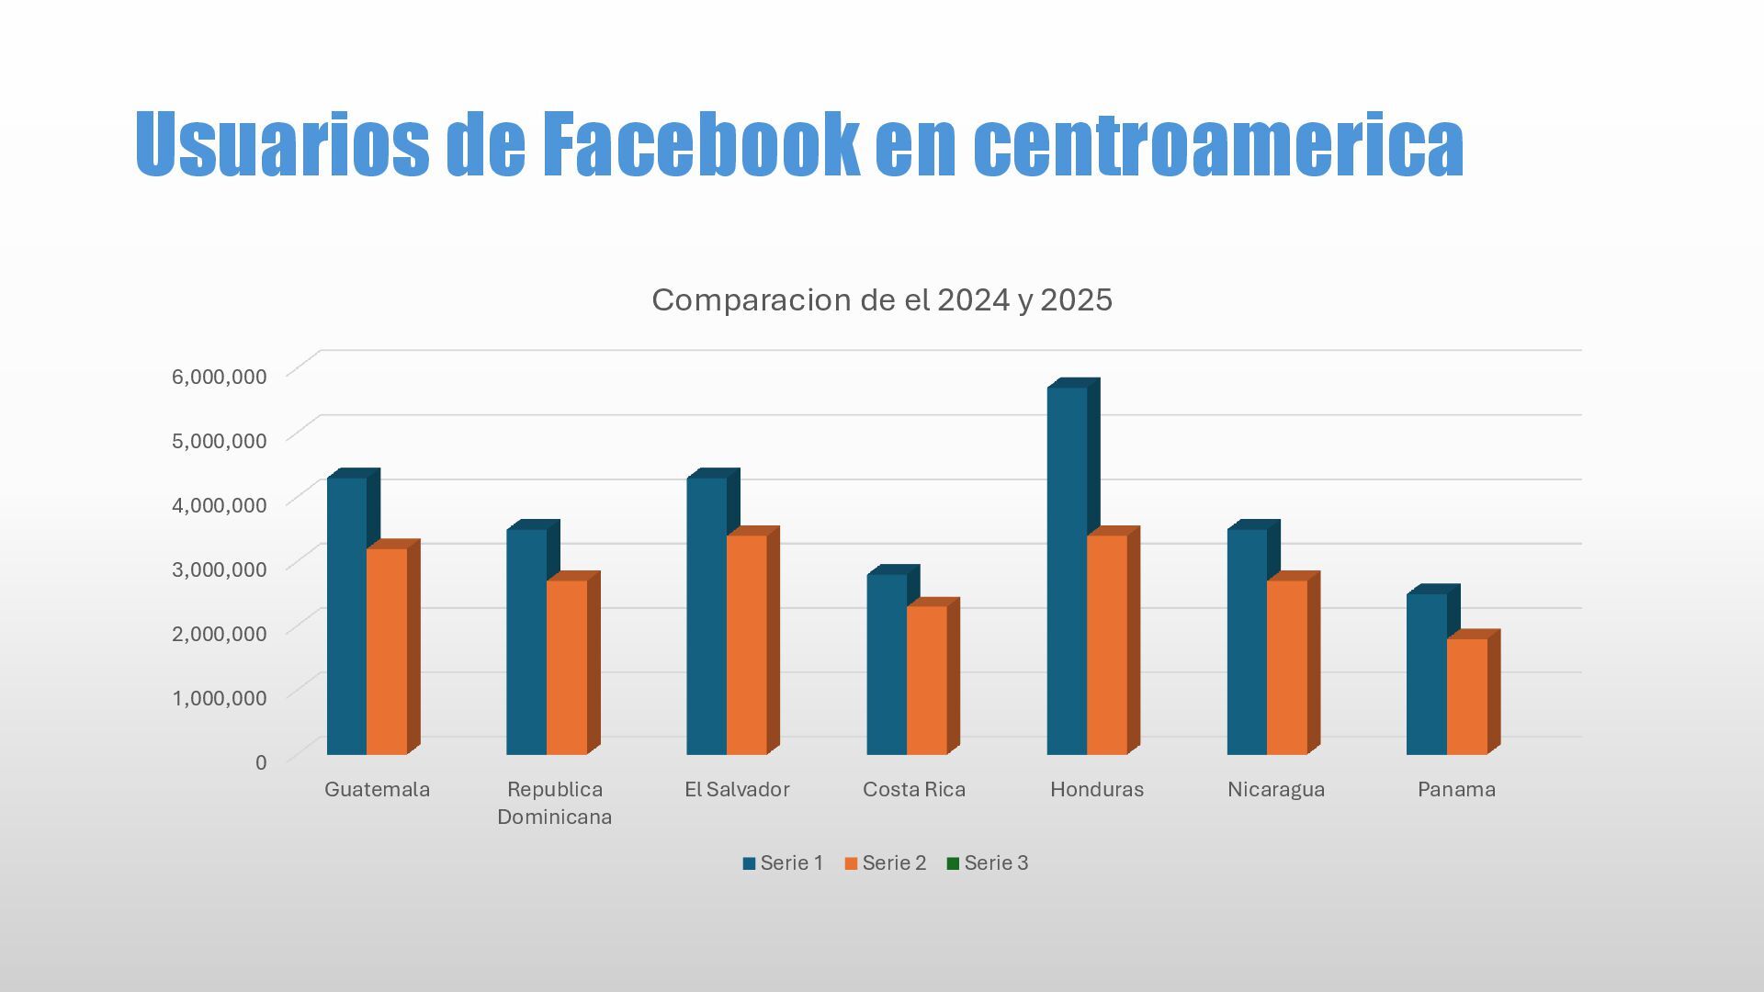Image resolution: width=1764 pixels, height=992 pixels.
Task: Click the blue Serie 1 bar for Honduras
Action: click(x=1067, y=569)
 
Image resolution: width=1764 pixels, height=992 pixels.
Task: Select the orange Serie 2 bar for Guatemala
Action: click(x=387, y=651)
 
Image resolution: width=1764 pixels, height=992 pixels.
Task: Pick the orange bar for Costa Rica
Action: click(x=927, y=680)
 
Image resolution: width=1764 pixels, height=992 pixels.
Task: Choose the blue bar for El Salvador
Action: click(x=707, y=615)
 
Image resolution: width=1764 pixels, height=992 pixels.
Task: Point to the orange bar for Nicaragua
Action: click(x=1287, y=667)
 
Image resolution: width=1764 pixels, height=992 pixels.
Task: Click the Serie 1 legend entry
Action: click(x=783, y=863)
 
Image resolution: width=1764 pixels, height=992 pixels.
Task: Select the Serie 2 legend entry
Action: click(x=885, y=863)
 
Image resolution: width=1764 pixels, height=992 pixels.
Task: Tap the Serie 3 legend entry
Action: click(x=987, y=863)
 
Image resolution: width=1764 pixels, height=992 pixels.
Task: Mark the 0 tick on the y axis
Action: click(x=261, y=762)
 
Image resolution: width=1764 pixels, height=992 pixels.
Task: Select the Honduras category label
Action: click(x=1097, y=790)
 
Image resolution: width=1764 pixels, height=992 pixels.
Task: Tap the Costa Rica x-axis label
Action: click(x=914, y=790)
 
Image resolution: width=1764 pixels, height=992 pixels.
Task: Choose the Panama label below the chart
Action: click(x=1456, y=790)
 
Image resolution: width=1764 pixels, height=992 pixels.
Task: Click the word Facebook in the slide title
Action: click(x=701, y=144)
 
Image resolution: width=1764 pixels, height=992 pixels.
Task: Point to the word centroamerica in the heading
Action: click(x=1217, y=144)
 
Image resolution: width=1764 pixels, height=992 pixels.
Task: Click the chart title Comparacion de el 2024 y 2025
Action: click(x=882, y=300)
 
